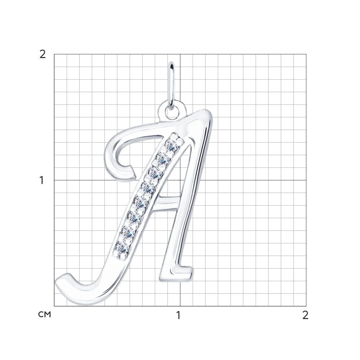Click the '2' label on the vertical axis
[42, 54]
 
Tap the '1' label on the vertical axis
[41, 180]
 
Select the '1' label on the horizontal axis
[179, 315]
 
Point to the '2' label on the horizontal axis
[305, 315]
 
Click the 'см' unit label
[44, 315]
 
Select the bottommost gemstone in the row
[122, 248]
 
